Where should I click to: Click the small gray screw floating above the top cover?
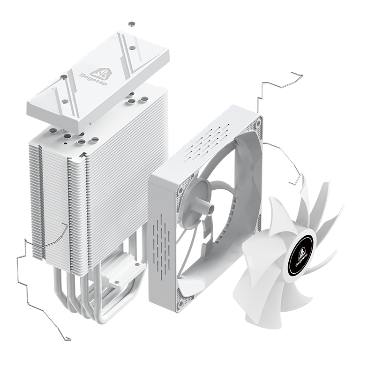[132, 24]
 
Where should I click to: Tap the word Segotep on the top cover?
[90, 79]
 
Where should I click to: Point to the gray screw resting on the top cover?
[64, 77]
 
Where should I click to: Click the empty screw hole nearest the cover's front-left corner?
[64, 101]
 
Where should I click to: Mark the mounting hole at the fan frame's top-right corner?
[258, 124]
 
